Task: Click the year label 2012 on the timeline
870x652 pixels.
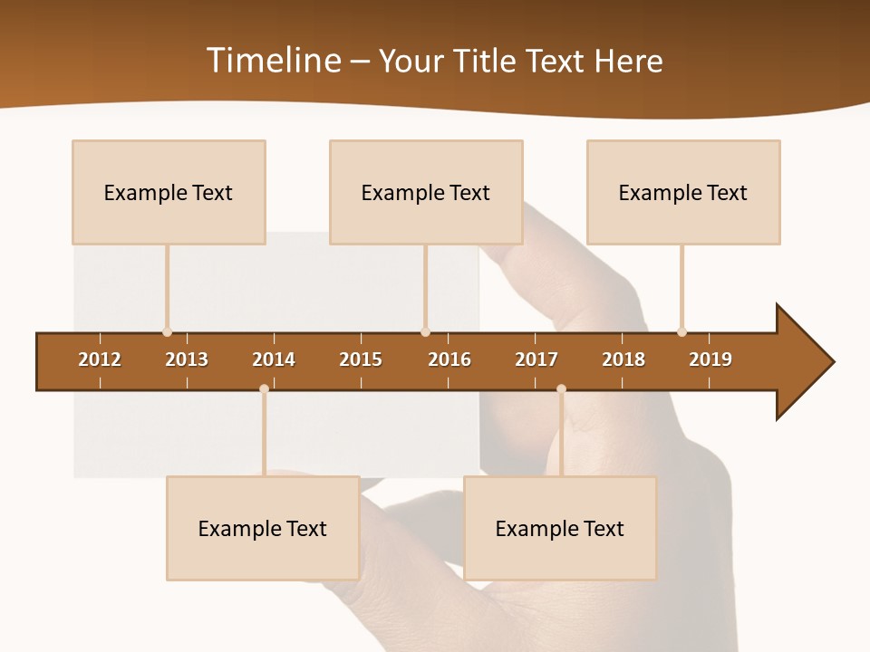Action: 100,360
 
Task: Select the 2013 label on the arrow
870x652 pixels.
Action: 187,360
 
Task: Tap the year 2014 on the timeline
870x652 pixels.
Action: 274,360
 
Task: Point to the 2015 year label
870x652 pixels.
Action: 361,360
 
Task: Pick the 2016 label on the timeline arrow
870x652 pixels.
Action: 449,360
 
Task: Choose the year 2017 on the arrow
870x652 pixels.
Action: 536,360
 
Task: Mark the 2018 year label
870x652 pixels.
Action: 623,360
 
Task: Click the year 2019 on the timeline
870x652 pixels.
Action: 710,360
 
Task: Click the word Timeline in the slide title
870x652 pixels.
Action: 272,61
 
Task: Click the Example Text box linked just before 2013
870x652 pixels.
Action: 169,192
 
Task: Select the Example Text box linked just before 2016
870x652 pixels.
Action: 426,192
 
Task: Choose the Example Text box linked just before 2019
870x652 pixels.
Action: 683,192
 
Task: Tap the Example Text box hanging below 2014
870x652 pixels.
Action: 263,528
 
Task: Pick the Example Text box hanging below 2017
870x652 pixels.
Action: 560,528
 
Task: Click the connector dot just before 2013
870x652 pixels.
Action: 167,332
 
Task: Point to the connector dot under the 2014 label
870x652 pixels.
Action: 264,388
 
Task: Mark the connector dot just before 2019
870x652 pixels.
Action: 681,332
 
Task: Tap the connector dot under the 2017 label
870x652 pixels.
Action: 561,388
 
